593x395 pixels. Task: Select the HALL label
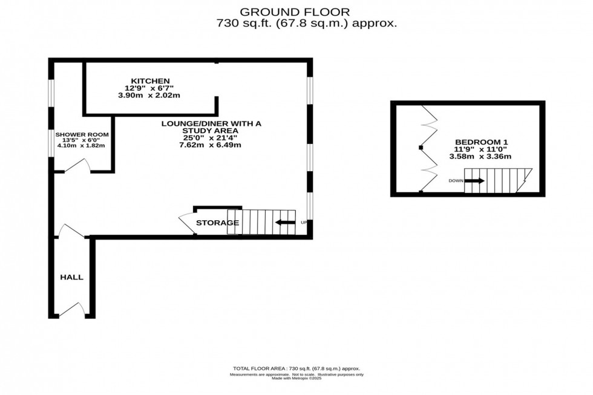71,277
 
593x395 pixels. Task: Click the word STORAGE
217,223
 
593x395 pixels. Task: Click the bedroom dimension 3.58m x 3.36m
480,157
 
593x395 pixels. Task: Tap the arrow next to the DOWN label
474,180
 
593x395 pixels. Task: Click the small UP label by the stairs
304,223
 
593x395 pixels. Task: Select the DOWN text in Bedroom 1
456,181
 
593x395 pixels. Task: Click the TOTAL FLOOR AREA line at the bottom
296,368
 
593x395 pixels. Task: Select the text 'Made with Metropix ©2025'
296,379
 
